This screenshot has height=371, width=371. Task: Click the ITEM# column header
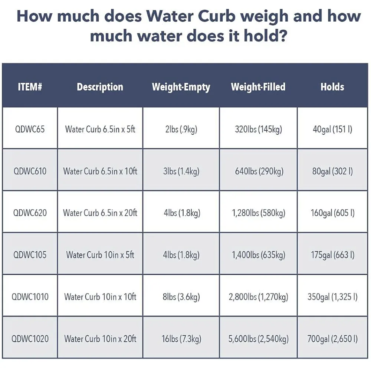(30, 87)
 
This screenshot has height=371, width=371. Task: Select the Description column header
(100, 87)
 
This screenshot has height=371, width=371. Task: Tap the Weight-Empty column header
(181, 87)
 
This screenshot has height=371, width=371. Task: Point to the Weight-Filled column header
(258, 87)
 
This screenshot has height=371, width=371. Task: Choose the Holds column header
(332, 87)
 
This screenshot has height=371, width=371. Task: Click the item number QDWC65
(30, 129)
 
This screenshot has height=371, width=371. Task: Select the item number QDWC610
(30, 171)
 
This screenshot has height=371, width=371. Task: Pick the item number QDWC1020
(30, 339)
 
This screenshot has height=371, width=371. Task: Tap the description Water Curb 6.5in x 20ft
(100, 213)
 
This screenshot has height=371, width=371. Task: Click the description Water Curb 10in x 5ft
(100, 255)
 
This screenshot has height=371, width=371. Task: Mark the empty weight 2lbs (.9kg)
(181, 129)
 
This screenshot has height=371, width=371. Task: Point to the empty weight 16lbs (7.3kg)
(181, 339)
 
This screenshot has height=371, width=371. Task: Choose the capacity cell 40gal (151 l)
(332, 129)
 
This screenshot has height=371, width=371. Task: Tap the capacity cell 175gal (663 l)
(332, 255)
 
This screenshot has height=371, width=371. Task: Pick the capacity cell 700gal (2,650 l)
(332, 339)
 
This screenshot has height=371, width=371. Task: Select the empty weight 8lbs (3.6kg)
(181, 297)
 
